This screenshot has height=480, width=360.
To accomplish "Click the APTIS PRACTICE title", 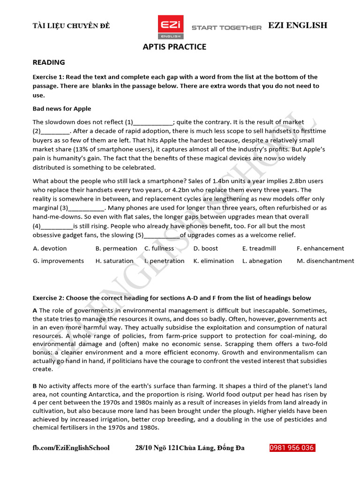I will [174, 47].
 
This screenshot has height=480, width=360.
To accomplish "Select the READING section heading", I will [49, 62].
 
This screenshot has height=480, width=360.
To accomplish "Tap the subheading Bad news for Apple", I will [62, 109].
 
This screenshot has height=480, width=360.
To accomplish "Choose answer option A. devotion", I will [50, 248].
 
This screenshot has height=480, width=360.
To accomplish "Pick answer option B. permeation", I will [116, 248].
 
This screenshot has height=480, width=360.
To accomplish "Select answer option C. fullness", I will [159, 248].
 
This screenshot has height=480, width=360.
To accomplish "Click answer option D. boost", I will [205, 248].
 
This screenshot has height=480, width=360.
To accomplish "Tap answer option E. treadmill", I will [259, 248].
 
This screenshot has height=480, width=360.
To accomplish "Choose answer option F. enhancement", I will [320, 248].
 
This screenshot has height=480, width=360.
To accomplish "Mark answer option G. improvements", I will [58, 261].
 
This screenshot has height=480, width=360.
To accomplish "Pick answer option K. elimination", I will [213, 261].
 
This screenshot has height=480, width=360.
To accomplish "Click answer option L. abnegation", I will [262, 261].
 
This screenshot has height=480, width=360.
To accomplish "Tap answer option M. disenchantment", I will [325, 261].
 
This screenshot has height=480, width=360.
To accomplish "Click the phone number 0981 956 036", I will [292, 448].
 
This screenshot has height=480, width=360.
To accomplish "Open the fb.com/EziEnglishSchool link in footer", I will [71, 448].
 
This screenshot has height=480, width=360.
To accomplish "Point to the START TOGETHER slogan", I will [226, 28].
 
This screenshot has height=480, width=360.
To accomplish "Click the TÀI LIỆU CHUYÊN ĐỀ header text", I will [71, 26].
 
